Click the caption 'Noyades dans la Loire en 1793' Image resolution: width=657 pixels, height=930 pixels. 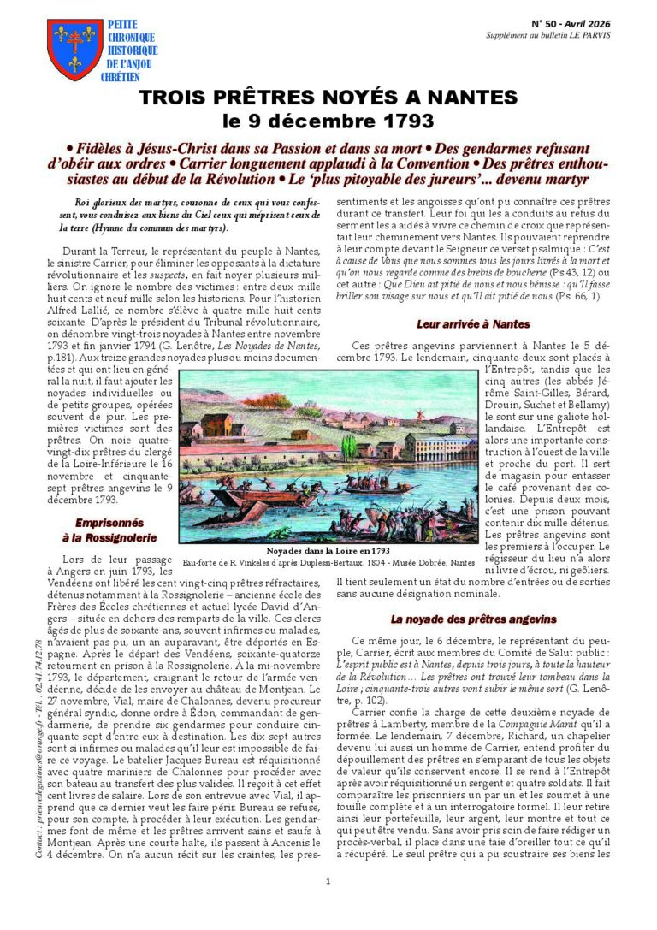(328, 551)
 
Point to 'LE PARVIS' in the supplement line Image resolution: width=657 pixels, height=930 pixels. (589, 35)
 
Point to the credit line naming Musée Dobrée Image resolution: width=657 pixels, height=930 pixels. (328, 563)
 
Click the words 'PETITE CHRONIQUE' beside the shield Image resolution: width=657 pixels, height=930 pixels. (129, 31)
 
